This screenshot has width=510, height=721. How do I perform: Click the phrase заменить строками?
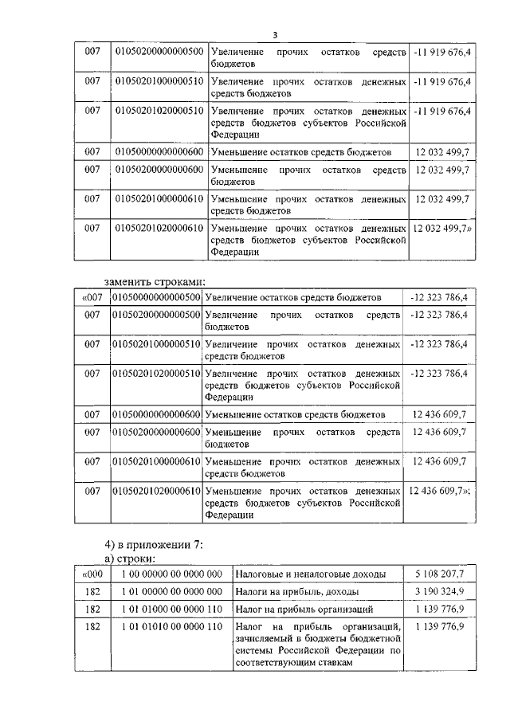coord(155,280)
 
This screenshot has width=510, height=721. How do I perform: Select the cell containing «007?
coord(92,297)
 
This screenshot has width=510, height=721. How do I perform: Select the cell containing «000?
coord(92,573)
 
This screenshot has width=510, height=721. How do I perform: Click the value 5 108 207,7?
coord(439,573)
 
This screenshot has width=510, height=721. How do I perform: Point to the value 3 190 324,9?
coord(439,591)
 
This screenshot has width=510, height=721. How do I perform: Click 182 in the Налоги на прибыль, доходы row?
coord(92,591)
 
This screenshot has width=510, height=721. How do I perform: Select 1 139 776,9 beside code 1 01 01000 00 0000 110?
coord(439,609)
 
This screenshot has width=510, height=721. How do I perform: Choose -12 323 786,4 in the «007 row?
coord(438,297)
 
